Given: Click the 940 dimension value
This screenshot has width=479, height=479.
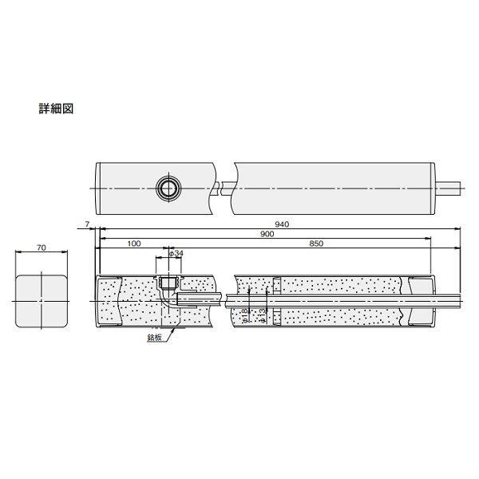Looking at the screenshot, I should (281, 224).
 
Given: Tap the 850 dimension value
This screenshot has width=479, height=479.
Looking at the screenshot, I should (316, 243).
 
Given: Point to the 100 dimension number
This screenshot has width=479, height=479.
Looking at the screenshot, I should (133, 243).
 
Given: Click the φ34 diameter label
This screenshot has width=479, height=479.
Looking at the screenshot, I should (177, 253).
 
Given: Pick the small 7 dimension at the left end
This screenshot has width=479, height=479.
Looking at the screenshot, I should (86, 226).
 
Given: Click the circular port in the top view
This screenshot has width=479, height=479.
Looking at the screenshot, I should (168, 187).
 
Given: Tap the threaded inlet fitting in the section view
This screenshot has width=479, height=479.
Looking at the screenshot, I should (168, 283).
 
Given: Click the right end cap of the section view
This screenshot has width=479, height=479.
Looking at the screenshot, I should (421, 301).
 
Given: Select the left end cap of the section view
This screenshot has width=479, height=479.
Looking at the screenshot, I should (107, 301).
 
